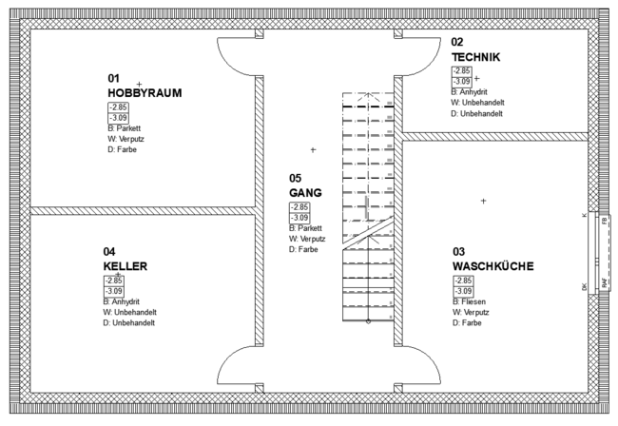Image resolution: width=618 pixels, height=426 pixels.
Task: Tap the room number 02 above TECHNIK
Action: click(457, 42)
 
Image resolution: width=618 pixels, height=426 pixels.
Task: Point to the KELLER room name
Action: click(126, 266)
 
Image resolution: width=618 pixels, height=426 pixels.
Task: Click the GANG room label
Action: click(305, 192)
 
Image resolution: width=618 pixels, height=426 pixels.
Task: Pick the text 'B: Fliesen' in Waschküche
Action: click(472, 301)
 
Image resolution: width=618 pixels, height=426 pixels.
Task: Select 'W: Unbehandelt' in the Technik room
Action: click(476, 103)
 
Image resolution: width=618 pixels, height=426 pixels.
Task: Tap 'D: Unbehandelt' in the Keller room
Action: click(129, 322)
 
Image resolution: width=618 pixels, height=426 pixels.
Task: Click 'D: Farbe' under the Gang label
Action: click(302, 249)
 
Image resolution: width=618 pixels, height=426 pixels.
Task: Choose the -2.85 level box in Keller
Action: click(114, 281)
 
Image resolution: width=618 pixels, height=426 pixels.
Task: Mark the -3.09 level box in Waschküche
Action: click(463, 291)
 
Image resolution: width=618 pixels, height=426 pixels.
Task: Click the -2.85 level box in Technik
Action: click(461, 70)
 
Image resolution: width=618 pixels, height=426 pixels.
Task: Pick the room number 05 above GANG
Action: click(295, 178)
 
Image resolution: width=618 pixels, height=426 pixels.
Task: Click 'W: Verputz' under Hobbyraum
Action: click(125, 139)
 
